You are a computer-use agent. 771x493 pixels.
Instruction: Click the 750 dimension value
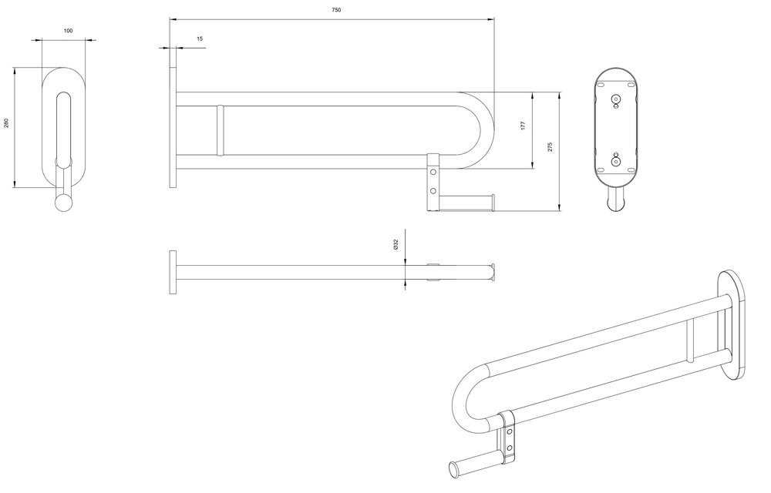click(x=336, y=10)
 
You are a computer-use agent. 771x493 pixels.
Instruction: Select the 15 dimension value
click(x=200, y=39)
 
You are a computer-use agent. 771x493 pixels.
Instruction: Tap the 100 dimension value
click(x=69, y=31)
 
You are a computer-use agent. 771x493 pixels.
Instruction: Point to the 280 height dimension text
click(x=6, y=122)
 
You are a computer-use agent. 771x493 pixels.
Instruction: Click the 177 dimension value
click(x=524, y=126)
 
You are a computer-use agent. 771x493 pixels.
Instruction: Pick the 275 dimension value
click(x=550, y=147)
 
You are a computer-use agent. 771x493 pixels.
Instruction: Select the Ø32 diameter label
click(x=396, y=244)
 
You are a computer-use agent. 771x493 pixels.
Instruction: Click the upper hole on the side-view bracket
click(x=433, y=172)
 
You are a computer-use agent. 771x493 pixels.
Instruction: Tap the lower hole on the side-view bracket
click(x=433, y=190)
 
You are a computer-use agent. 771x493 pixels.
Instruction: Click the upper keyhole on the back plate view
click(x=615, y=100)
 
